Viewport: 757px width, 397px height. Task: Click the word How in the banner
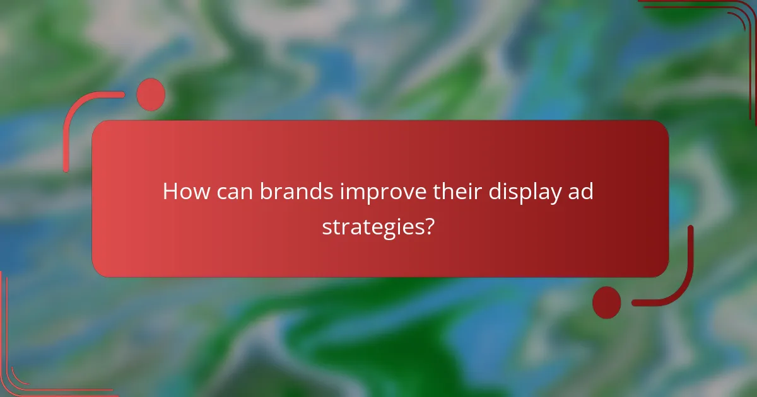184,192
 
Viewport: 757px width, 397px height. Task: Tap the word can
232,192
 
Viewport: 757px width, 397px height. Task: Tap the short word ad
582,192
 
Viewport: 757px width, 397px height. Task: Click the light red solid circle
151,95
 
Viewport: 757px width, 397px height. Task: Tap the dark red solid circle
606,302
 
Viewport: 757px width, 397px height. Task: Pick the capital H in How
170,192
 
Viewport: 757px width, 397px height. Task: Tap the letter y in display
555,195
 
